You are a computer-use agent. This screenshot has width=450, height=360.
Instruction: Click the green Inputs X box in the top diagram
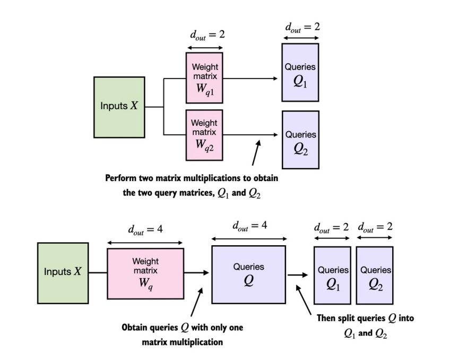pyautogui.click(x=119, y=106)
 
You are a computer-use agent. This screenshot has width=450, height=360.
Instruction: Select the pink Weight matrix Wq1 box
pyautogui.click(x=204, y=78)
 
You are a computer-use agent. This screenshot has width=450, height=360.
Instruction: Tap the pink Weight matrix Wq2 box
pyautogui.click(x=204, y=134)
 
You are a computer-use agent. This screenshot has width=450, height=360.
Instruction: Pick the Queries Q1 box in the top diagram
pyautogui.click(x=300, y=72)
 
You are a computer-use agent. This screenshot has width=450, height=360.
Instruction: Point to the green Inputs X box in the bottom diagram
pyautogui.click(x=63, y=272)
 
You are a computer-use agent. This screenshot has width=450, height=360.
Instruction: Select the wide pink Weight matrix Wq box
pyautogui.click(x=145, y=272)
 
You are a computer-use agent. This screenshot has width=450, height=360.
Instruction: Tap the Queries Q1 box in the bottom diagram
pyautogui.click(x=332, y=275)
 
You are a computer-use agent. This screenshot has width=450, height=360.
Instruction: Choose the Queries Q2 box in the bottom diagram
pyautogui.click(x=375, y=275)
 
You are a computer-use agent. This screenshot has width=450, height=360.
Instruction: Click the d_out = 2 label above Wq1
pyautogui.click(x=204, y=36)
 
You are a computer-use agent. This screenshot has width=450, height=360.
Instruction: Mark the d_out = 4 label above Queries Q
pyautogui.click(x=249, y=226)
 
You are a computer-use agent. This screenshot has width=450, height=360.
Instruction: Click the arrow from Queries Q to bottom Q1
pyautogui.click(x=299, y=275)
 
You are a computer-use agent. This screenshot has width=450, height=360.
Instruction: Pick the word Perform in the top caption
pyautogui.click(x=120, y=178)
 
